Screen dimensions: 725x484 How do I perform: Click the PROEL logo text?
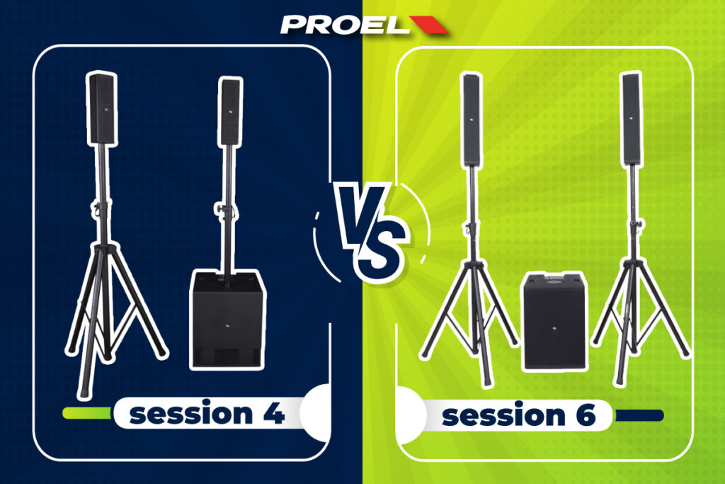(344, 25)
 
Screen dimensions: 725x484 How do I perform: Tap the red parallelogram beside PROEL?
(429, 25)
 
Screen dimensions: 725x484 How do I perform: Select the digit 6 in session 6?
(586, 415)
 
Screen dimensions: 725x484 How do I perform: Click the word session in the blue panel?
(191, 413)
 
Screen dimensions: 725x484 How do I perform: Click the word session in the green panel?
(503, 415)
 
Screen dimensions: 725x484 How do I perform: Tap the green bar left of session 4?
(87, 412)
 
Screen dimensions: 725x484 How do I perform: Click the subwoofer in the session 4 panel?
(228, 320)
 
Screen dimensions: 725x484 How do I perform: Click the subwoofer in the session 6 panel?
(555, 321)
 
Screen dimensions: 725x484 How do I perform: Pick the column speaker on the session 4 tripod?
(102, 108)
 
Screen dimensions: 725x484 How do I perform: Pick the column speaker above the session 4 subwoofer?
(230, 112)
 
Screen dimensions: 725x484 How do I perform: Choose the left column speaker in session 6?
(472, 120)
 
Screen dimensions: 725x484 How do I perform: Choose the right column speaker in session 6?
(632, 119)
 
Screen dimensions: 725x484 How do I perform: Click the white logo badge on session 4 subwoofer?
(227, 327)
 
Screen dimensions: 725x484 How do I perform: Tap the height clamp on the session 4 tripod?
(100, 208)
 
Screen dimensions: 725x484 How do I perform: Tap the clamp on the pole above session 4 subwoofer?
(226, 209)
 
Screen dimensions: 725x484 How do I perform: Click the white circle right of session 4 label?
(316, 412)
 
